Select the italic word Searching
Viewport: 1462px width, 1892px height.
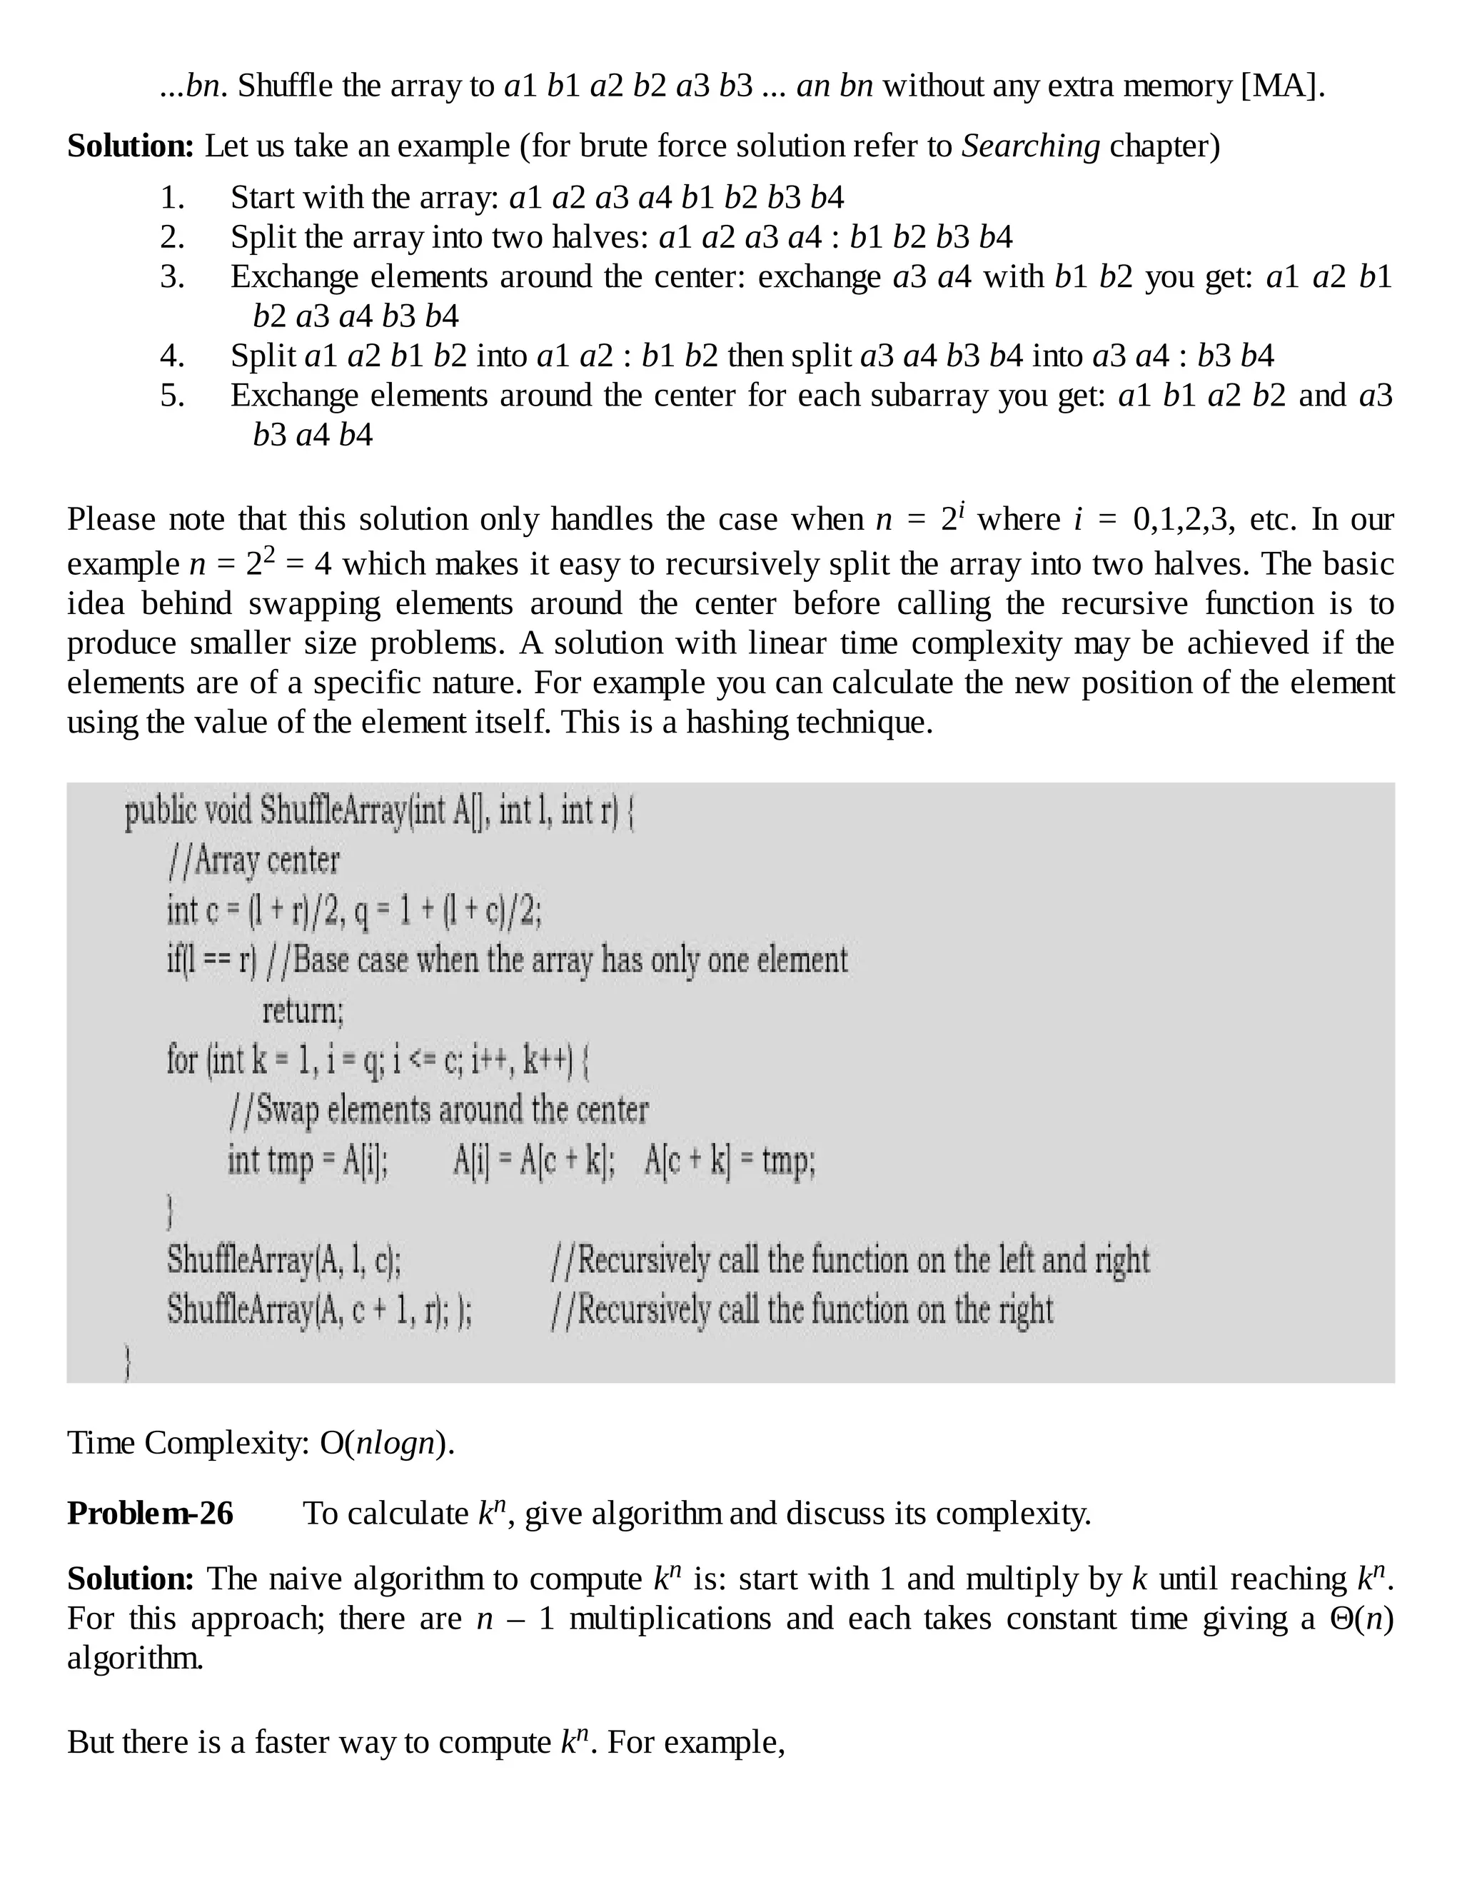[x=1031, y=146]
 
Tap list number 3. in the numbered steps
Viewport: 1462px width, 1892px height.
[x=172, y=276]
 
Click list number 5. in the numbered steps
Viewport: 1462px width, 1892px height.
[x=172, y=395]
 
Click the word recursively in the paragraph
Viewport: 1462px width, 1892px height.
[x=745, y=564]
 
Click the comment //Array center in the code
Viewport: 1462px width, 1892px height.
[x=253, y=860]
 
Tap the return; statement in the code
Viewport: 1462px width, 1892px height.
[x=302, y=1010]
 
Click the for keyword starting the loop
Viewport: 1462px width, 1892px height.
[x=182, y=1060]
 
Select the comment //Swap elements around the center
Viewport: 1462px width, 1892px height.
[x=438, y=1109]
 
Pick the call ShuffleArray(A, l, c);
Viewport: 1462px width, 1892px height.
[x=284, y=1259]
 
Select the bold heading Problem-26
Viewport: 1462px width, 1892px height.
[x=151, y=1514]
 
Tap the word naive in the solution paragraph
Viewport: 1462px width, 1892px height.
[x=306, y=1579]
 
